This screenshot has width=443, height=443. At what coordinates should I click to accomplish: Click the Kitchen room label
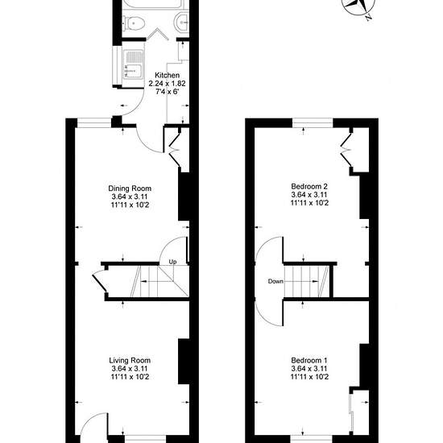pos(167,75)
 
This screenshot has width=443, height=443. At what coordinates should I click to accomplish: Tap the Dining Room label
pos(130,188)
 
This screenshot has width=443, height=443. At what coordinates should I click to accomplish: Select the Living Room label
pos(130,360)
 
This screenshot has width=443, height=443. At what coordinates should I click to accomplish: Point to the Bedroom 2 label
pos(309,186)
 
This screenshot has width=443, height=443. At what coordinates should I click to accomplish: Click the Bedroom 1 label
pos(309,360)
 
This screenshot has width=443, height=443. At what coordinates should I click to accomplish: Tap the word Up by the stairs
pos(172,262)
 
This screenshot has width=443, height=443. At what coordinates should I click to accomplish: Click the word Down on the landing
pos(275,281)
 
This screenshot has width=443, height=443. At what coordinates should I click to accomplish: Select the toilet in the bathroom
pos(134,23)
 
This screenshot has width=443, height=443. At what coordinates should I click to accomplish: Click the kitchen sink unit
pos(133,64)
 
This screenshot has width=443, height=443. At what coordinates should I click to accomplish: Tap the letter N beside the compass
pos(368,17)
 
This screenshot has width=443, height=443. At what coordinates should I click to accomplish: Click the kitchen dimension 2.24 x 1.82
pos(167,84)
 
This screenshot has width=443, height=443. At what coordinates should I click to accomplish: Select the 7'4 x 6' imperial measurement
pos(168,92)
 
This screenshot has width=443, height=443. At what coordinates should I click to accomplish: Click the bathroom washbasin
pos(182,21)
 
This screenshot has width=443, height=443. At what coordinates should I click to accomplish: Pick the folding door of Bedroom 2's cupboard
pos(346,149)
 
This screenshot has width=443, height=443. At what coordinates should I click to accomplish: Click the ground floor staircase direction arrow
pos(157,281)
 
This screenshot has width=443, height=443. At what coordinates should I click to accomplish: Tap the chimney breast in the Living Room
pos(184,362)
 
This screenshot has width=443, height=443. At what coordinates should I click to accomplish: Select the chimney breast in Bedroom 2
pos(364,197)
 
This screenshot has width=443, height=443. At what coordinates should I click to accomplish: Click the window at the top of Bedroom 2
pos(313,123)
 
